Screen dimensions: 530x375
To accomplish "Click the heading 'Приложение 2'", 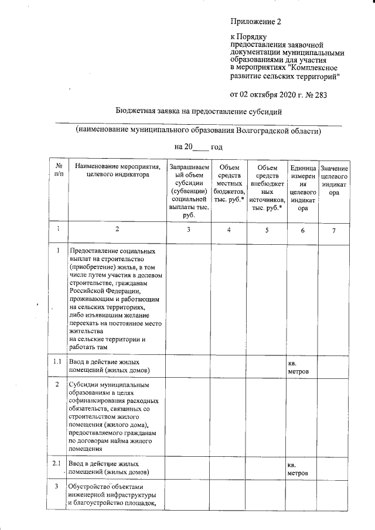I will point(256,22).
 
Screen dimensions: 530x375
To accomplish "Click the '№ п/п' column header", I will point(59,170).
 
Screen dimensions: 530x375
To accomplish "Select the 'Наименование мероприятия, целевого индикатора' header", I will point(118,170).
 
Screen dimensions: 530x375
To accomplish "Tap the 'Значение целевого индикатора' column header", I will point(334,180).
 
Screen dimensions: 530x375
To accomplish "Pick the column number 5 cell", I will point(267,231).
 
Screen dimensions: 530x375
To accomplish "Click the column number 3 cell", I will point(187,231).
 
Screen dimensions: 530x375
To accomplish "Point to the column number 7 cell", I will point(334,231).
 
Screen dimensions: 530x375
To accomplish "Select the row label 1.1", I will point(58,362).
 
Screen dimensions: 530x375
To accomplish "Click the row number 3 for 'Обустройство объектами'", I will point(58,486).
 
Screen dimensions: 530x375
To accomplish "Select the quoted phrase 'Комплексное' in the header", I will point(310,67).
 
